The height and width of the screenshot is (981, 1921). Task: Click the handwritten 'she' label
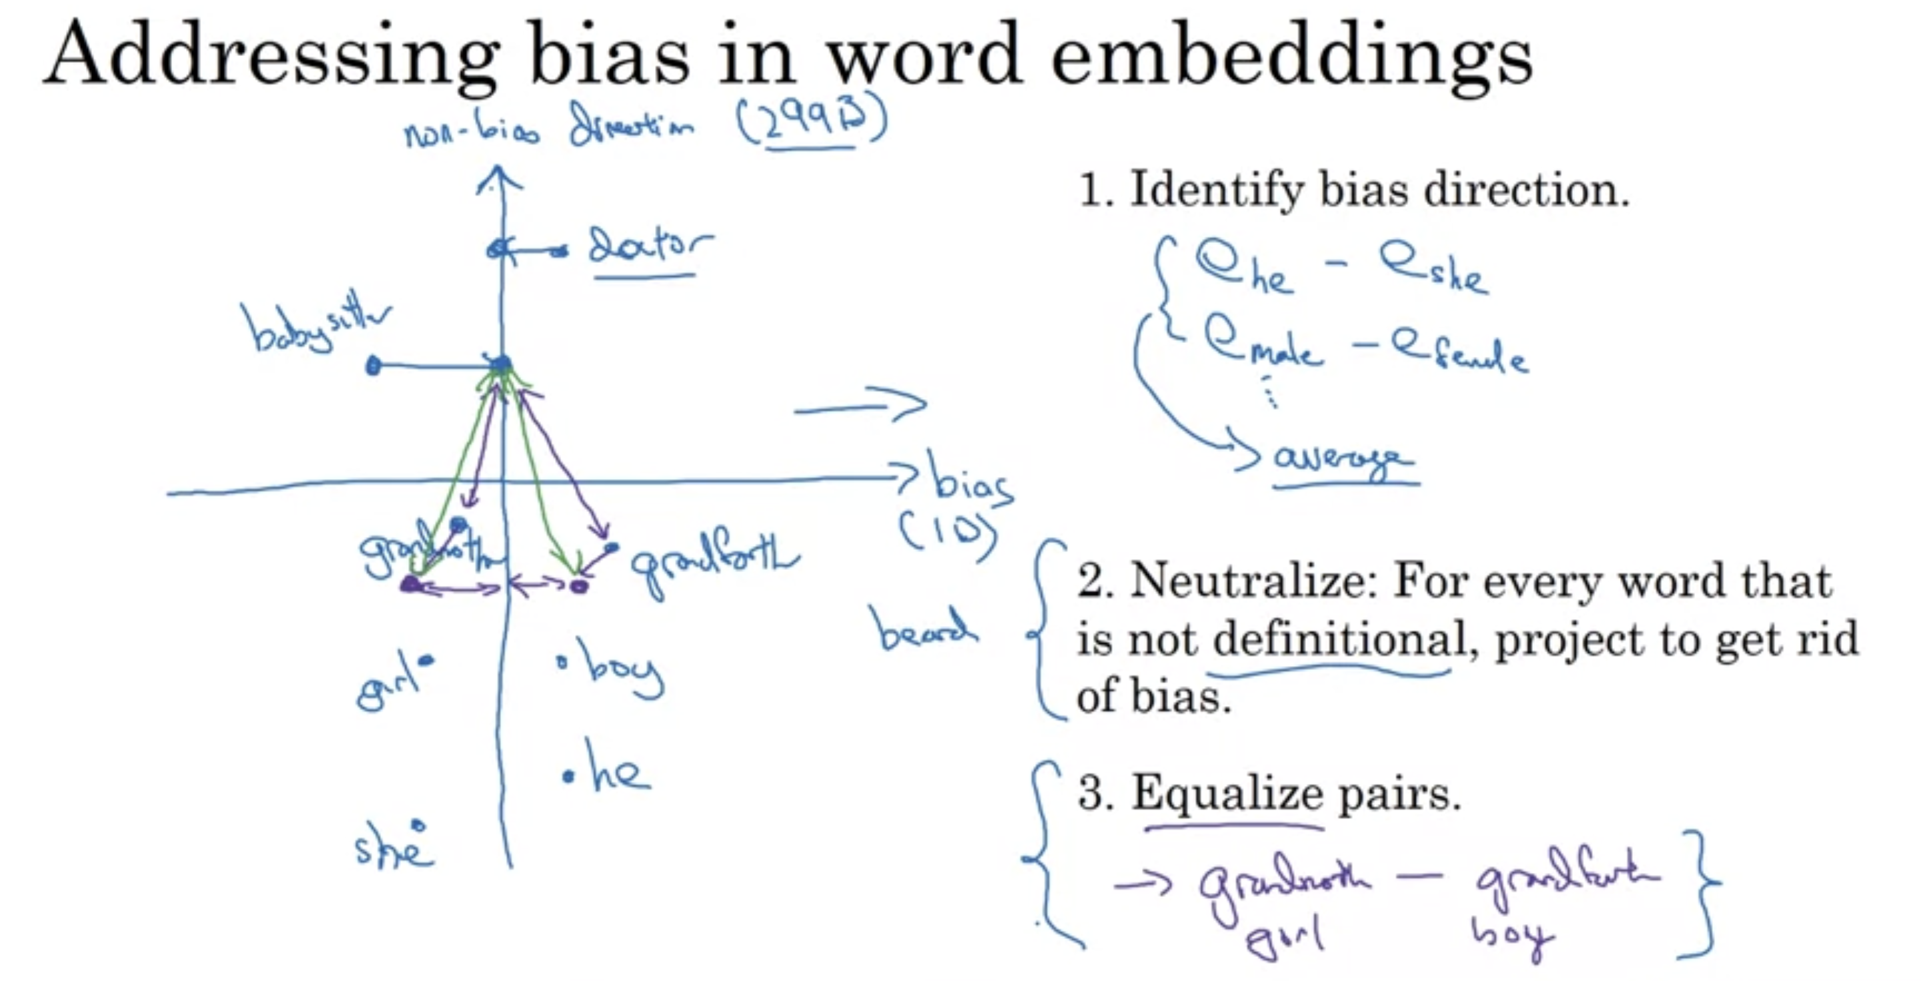click(x=392, y=849)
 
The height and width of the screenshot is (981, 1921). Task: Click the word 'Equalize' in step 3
click(x=1227, y=793)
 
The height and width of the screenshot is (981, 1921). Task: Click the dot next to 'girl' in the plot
click(x=427, y=659)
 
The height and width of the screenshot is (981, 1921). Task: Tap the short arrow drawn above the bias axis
click(x=865, y=404)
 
